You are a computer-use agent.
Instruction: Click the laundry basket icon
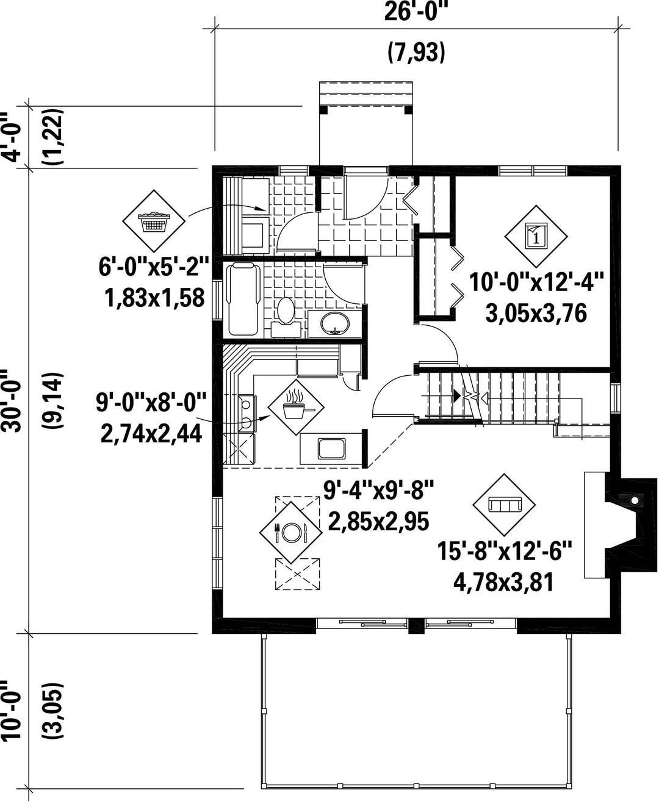(154, 221)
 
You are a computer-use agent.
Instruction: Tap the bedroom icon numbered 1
(536, 236)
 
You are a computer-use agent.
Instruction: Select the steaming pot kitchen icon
(296, 407)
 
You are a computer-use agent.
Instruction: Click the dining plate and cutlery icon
(291, 532)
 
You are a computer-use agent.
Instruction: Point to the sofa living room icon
(504, 505)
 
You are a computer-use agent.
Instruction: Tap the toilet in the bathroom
(286, 317)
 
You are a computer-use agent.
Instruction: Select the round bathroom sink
(334, 323)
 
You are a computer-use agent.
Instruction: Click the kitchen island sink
(331, 448)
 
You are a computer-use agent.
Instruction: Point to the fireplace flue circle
(634, 500)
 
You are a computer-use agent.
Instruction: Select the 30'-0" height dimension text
(12, 400)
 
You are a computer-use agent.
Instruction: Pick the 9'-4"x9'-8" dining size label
(378, 490)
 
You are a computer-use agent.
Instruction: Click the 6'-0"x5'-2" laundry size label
(154, 267)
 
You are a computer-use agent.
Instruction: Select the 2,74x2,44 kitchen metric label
(151, 434)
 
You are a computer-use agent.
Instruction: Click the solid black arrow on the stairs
(456, 395)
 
